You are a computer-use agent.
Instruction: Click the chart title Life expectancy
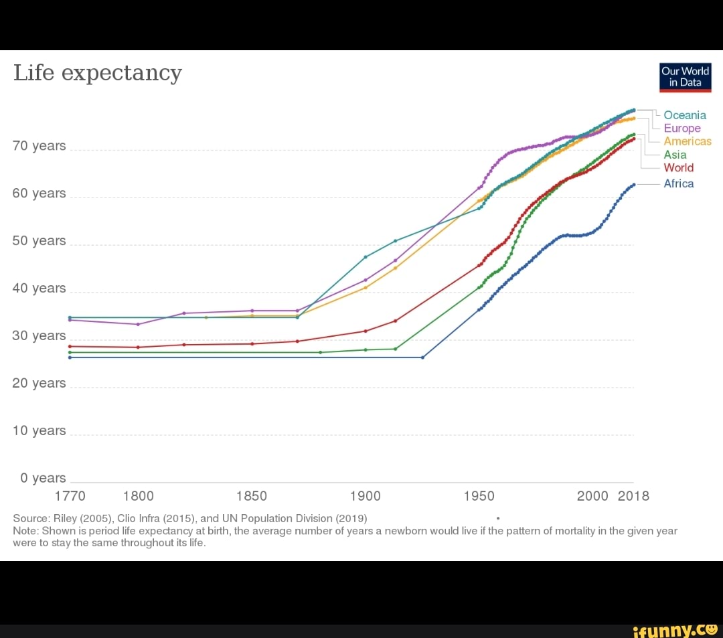(98, 72)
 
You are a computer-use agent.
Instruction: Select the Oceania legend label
(685, 115)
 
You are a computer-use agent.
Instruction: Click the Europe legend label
(682, 128)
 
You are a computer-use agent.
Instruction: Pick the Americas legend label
(688, 141)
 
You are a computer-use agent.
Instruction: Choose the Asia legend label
(675, 155)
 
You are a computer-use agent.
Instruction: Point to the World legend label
(678, 167)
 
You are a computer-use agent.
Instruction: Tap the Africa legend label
(678, 183)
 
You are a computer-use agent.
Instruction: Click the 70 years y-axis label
(39, 146)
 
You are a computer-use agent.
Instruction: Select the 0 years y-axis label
(43, 478)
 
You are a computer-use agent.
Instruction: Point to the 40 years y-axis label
(39, 289)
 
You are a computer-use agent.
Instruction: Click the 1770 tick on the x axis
(70, 496)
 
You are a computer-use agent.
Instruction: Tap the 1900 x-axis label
(365, 496)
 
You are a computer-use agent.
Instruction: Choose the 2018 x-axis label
(633, 496)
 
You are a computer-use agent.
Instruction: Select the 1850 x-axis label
(252, 496)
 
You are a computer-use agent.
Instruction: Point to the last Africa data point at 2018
(633, 184)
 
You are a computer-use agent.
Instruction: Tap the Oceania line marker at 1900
(366, 257)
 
